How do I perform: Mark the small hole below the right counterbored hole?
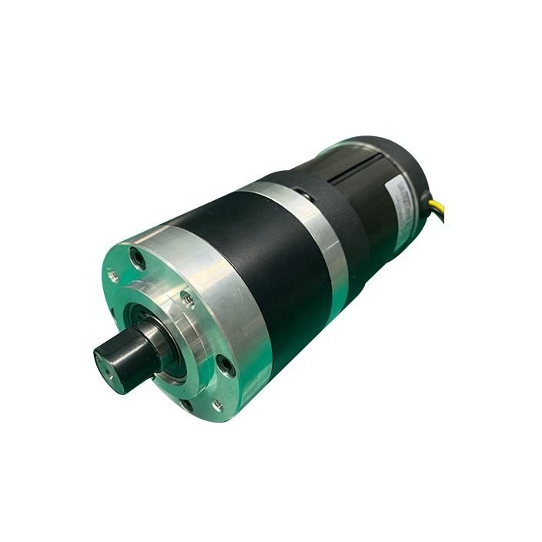coord(216,405)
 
